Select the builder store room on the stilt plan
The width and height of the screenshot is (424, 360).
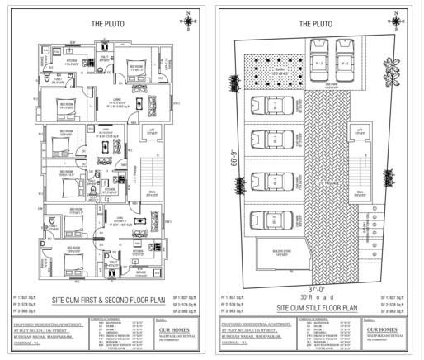273,252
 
